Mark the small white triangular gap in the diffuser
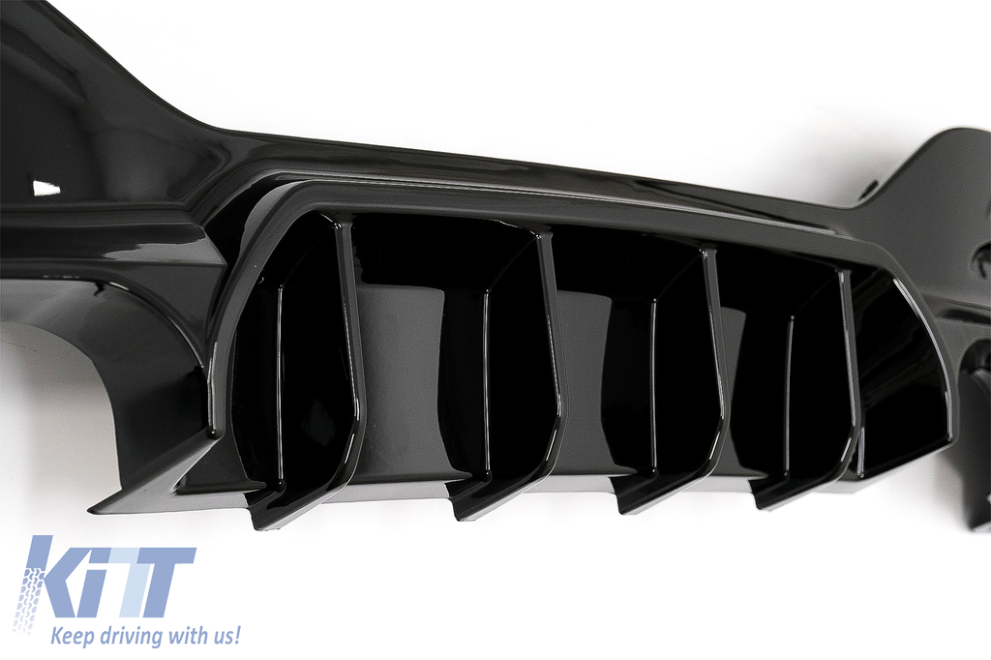click(x=45, y=187)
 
